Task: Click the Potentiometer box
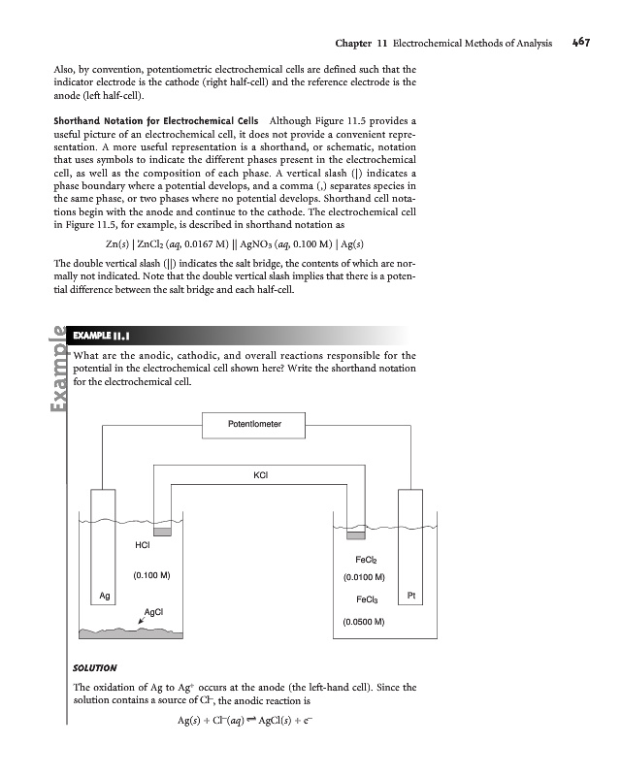(254, 424)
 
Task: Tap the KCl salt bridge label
(260, 474)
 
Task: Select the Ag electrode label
(104, 595)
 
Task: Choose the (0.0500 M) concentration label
(365, 621)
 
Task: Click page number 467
(582, 43)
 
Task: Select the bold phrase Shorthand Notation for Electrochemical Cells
(142, 119)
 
